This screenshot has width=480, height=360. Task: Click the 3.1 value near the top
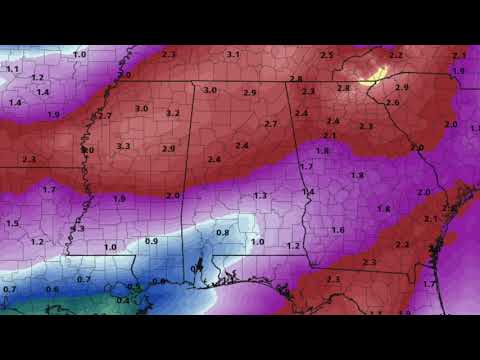(233, 54)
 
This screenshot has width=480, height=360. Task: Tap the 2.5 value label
(326, 54)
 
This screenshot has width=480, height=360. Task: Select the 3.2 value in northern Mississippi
(173, 113)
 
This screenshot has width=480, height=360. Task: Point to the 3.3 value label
(123, 146)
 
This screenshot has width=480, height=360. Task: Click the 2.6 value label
(392, 103)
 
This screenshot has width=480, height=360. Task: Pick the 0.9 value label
(152, 241)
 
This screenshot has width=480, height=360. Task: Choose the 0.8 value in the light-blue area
(223, 232)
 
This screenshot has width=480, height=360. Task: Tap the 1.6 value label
(338, 230)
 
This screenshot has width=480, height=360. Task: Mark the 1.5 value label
(12, 223)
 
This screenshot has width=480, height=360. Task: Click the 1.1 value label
(13, 69)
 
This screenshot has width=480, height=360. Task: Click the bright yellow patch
(376, 73)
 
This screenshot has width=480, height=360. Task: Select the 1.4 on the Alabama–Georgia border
(308, 191)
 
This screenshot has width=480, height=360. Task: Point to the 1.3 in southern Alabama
(260, 195)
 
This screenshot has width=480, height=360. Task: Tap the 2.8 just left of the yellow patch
(344, 88)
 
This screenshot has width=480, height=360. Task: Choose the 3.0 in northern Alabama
(210, 90)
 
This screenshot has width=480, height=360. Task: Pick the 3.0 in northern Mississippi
(142, 108)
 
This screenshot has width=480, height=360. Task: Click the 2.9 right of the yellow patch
(402, 88)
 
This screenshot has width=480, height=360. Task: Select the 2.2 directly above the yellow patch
(396, 55)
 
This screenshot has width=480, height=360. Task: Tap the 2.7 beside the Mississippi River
(105, 116)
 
